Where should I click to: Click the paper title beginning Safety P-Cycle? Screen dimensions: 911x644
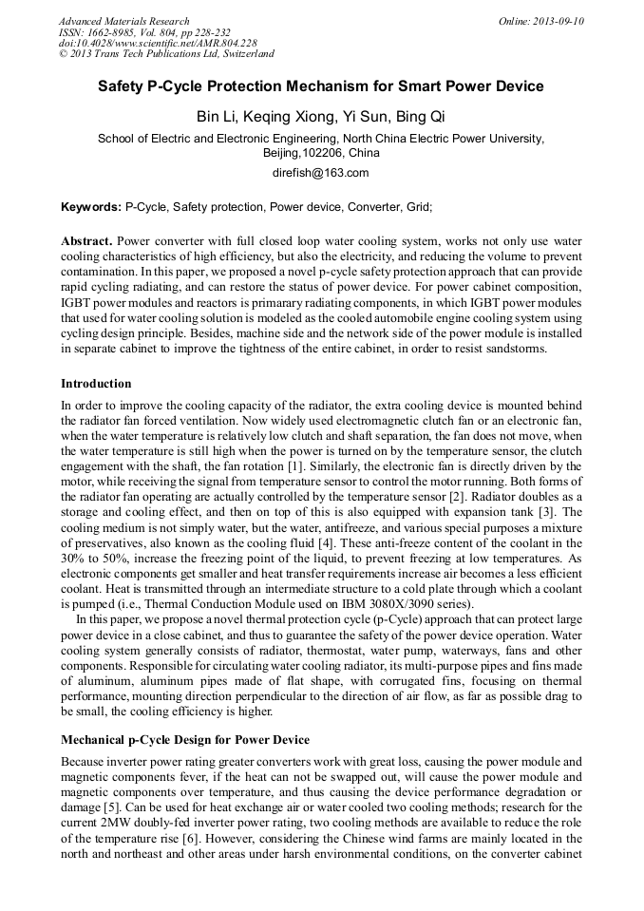[321, 86]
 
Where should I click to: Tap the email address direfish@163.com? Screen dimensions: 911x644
[321, 173]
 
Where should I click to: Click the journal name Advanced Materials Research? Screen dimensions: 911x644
[123, 21]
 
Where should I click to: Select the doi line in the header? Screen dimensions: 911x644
[158, 43]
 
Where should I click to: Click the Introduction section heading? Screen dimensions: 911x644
[96, 384]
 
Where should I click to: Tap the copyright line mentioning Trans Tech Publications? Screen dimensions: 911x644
[166, 54]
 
